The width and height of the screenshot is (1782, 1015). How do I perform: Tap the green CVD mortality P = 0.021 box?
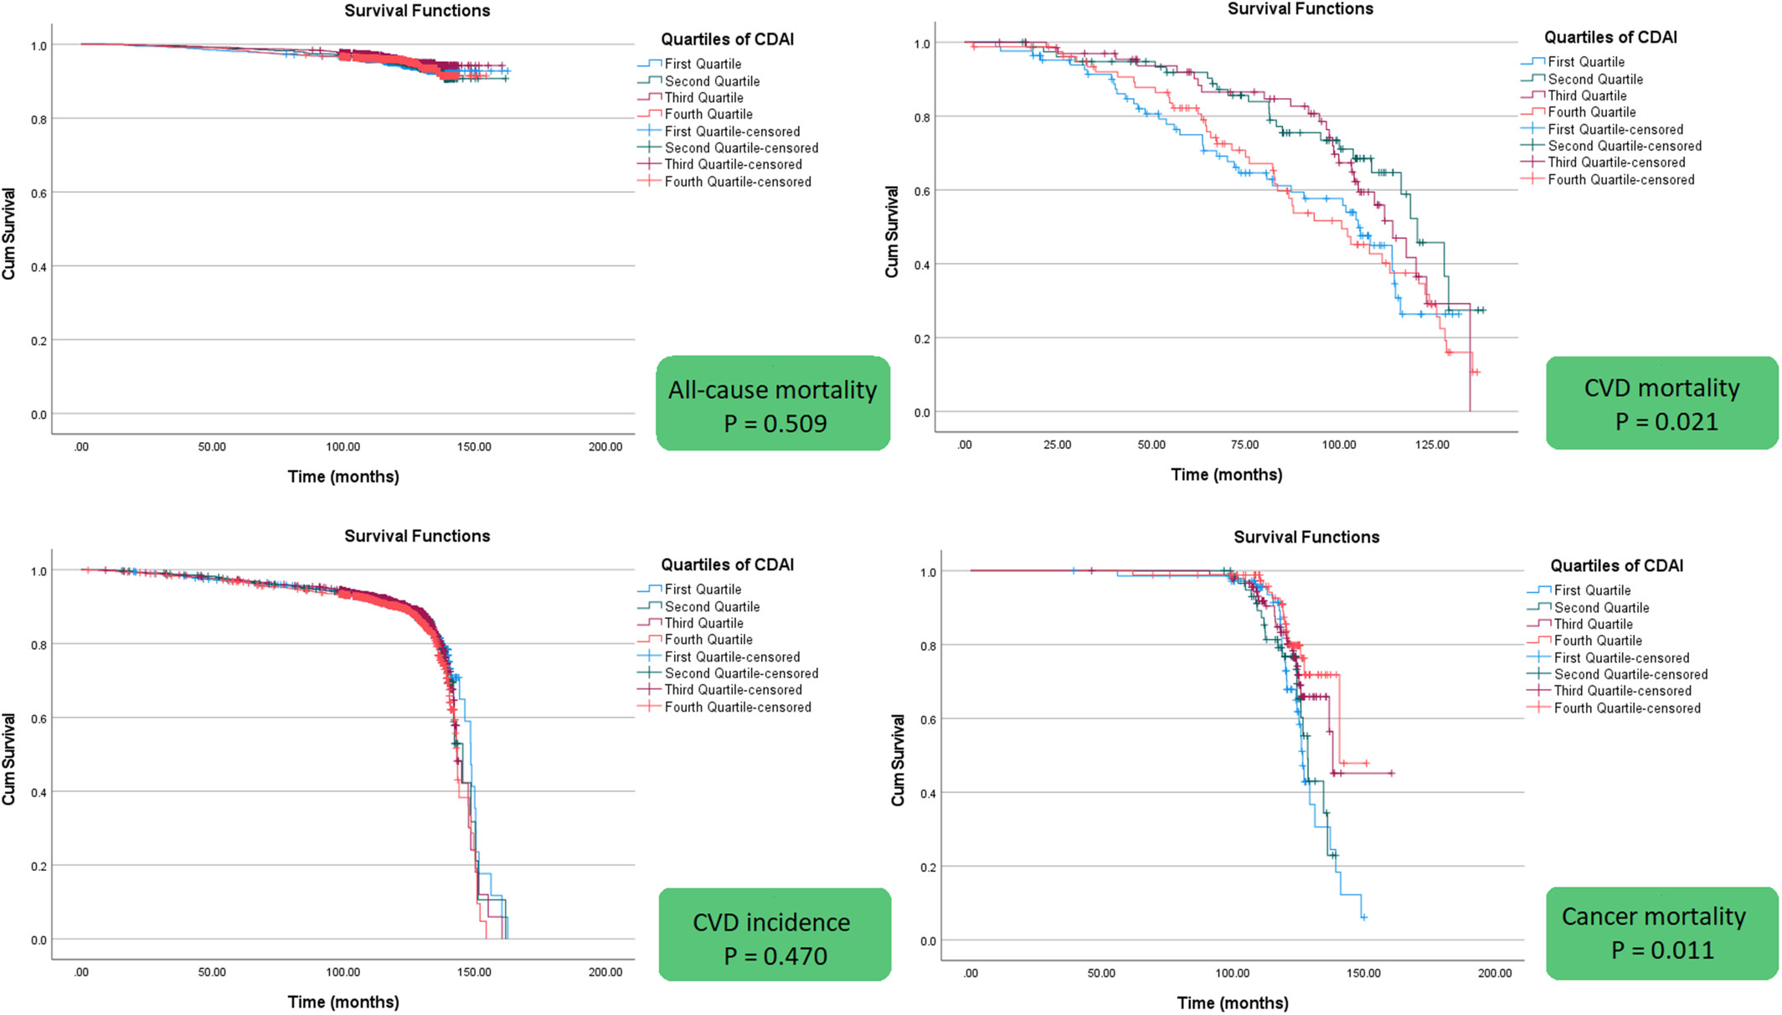(x=1661, y=403)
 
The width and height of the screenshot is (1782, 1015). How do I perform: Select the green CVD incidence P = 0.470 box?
(x=774, y=935)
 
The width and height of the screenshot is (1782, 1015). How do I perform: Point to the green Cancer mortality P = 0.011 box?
(x=1661, y=932)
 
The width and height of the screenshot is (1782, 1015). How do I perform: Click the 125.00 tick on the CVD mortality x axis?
(x=1432, y=445)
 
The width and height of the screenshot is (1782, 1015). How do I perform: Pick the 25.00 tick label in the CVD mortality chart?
(x=1058, y=445)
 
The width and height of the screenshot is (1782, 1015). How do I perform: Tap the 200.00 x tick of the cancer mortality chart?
(x=1495, y=973)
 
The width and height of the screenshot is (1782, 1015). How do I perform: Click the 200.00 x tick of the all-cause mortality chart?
(x=605, y=447)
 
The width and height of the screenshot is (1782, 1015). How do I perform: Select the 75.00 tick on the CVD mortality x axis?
(x=1244, y=445)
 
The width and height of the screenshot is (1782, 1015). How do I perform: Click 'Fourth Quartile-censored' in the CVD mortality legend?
(x=1620, y=180)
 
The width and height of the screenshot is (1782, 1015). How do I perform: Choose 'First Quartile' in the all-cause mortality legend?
(x=703, y=64)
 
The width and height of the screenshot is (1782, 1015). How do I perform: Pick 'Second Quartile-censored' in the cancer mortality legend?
(x=1630, y=675)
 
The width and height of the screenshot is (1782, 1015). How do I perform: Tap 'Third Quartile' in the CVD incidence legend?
(x=703, y=623)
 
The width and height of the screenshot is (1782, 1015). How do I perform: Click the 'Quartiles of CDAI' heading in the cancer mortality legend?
(x=1616, y=566)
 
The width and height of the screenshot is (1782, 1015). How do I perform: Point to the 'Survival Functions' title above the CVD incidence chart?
(x=417, y=536)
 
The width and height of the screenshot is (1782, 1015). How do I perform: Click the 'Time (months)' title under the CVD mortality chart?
(x=1226, y=475)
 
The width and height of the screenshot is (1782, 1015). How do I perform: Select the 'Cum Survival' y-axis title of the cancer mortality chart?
(x=898, y=760)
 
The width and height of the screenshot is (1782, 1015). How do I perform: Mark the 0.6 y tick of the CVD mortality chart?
(x=921, y=191)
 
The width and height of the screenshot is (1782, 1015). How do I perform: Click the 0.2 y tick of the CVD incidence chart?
(x=39, y=866)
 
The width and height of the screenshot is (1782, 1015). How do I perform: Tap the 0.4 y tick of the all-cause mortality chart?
(x=39, y=267)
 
